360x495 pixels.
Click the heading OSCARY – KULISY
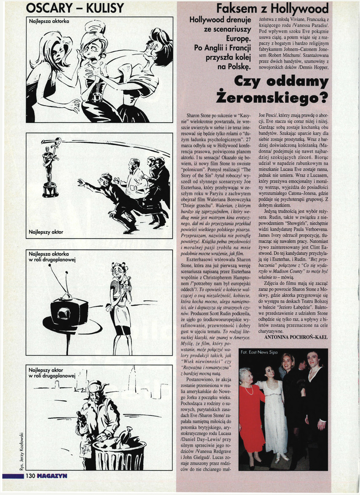point(75,8)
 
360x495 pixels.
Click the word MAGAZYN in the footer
point(51,476)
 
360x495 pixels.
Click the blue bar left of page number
point(13,476)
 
